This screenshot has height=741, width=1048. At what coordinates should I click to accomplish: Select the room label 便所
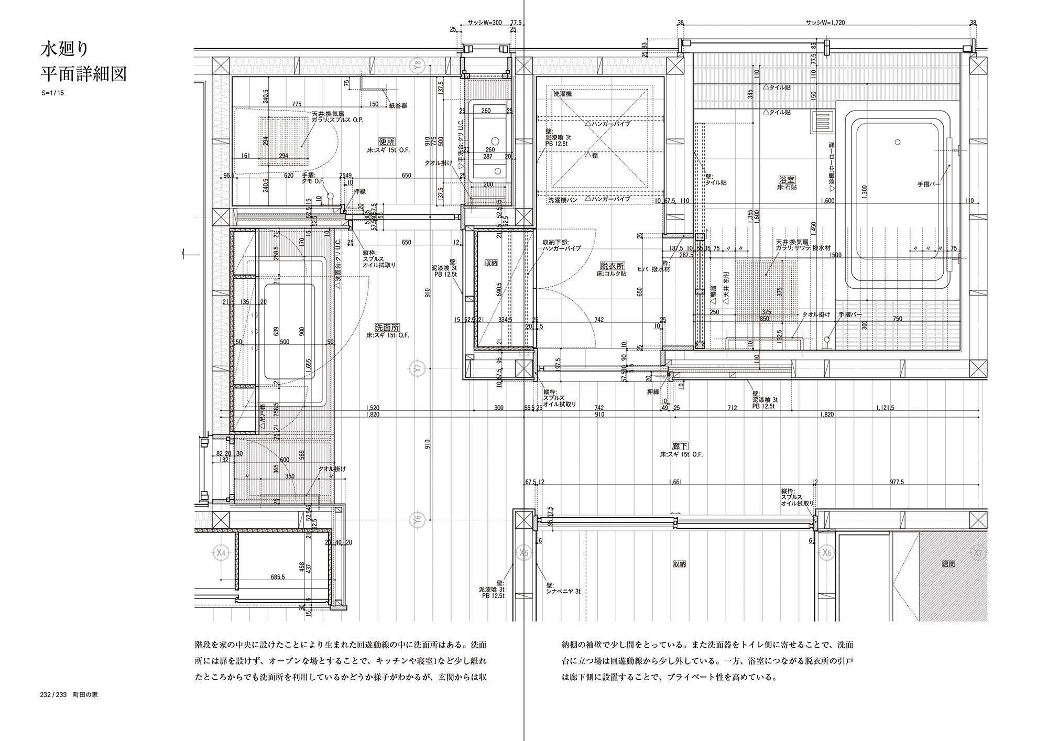(x=386, y=141)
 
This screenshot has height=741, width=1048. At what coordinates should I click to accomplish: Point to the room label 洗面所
(x=387, y=327)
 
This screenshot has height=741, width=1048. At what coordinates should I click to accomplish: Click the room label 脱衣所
(x=613, y=266)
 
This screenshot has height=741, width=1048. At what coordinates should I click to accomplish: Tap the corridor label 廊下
(x=680, y=446)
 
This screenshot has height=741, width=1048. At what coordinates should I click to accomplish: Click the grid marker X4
(x=221, y=552)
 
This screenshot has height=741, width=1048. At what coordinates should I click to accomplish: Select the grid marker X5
(x=523, y=552)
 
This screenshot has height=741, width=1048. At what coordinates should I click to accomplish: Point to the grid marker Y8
(x=417, y=66)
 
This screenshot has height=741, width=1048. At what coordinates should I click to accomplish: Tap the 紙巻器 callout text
(x=398, y=105)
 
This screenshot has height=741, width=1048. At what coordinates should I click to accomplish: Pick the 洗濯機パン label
(x=563, y=200)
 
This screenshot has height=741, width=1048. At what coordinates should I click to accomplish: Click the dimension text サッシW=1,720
(x=825, y=23)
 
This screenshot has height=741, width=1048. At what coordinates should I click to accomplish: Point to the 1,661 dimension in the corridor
(x=675, y=482)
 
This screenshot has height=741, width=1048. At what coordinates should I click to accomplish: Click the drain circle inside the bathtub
(x=898, y=142)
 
